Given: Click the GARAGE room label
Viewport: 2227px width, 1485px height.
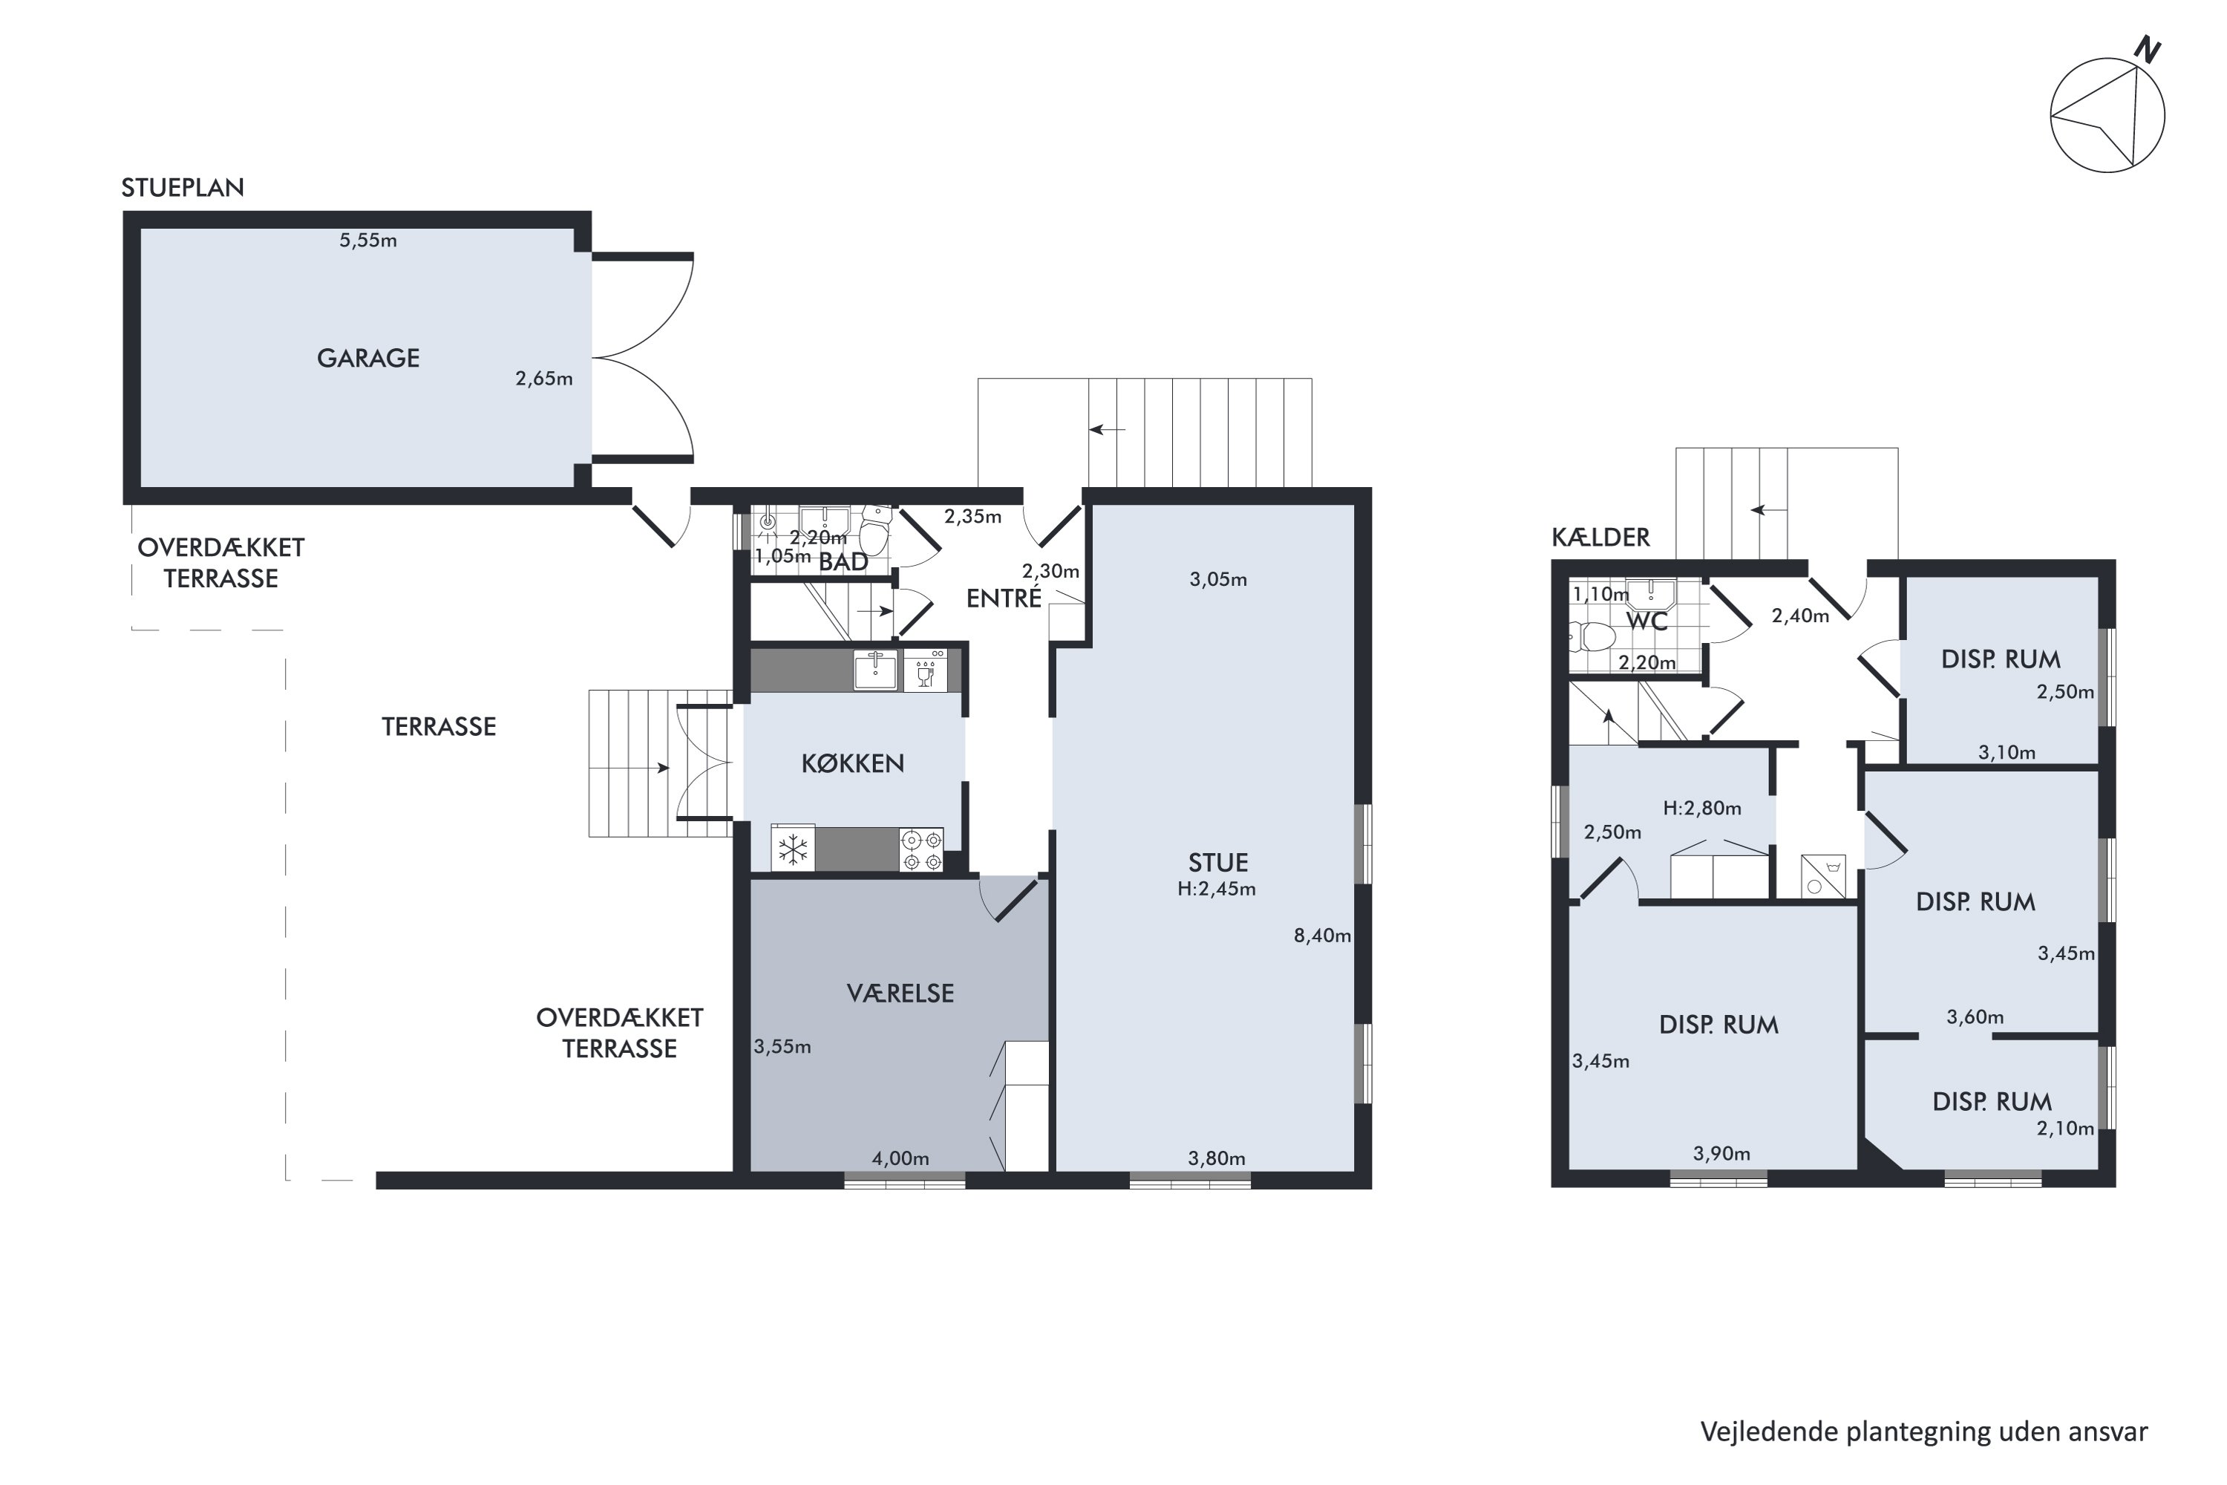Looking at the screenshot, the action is point(367,358).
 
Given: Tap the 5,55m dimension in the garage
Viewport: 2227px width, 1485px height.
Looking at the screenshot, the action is point(368,241).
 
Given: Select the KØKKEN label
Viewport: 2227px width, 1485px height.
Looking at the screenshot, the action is point(852,763).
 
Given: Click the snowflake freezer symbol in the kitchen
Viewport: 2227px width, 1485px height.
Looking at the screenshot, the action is point(793,849).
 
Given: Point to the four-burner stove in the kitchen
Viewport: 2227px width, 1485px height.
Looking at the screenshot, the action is point(921,849).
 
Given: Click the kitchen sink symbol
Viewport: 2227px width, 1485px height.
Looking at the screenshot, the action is point(876,670).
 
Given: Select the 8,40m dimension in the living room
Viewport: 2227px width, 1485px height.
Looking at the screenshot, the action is point(1322,936).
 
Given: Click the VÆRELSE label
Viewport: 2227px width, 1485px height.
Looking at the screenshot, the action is point(900,993).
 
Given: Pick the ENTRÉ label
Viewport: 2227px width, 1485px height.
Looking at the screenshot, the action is point(1004,598).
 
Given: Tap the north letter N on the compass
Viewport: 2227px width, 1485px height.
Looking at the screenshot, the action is point(2148,49).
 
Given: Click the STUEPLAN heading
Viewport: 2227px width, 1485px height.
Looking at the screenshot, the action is point(183,188).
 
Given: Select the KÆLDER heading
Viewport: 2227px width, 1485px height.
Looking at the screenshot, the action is point(1600,537).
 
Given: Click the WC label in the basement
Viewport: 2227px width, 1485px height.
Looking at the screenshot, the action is point(1646,621).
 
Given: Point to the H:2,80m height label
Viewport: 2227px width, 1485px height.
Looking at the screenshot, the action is point(1702,808).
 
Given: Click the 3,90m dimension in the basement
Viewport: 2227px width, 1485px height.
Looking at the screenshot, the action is point(1721,1154).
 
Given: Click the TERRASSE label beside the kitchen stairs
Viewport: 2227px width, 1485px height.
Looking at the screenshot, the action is point(439,726).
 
